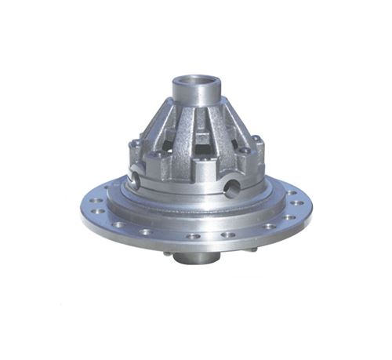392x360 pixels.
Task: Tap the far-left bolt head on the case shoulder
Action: click(134, 144)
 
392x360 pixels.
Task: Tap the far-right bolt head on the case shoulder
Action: click(256, 141)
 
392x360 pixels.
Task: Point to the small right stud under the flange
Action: click(252, 249)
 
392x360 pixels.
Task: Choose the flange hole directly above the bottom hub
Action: click(193, 235)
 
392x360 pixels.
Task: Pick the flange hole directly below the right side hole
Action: click(228, 234)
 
